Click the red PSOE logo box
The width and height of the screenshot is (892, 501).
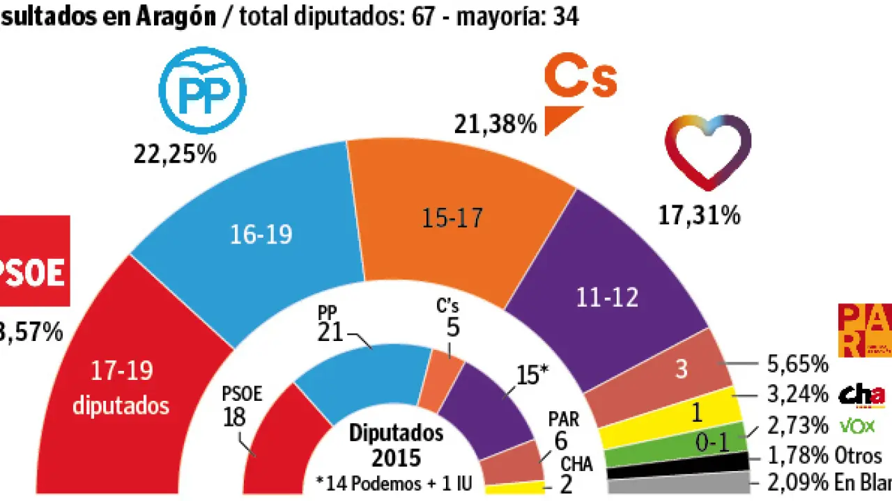coord(35,261)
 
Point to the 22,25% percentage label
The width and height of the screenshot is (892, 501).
coord(175,154)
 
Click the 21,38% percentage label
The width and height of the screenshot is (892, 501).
coord(495,125)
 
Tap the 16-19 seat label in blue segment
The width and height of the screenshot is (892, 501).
coord(261,235)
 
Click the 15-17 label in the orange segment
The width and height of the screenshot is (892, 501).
coord(454,218)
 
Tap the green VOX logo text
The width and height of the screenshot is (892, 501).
coord(858,425)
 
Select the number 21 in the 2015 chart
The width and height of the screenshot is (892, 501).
coord(330,333)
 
